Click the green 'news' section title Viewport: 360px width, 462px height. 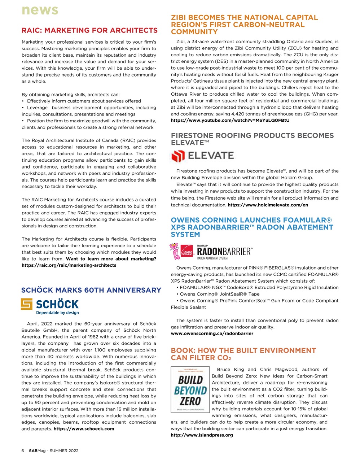(x=40, y=10)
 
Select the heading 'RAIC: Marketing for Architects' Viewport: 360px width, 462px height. (x=89, y=30)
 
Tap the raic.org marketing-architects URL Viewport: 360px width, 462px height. (x=69, y=265)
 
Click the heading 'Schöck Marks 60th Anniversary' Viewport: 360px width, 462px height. (x=91, y=290)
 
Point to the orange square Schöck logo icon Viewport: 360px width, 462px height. (x=27, y=304)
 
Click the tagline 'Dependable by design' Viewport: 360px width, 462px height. (x=57, y=313)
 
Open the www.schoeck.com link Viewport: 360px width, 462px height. (x=84, y=429)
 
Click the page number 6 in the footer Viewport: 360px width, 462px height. (x=23, y=451)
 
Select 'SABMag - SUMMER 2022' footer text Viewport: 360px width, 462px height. (x=53, y=451)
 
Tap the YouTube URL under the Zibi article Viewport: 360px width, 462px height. (x=230, y=120)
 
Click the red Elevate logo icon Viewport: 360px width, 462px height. (x=177, y=156)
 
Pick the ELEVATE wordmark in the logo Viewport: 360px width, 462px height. (x=211, y=156)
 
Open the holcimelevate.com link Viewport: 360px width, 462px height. (x=268, y=205)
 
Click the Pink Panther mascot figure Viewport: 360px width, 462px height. (x=175, y=252)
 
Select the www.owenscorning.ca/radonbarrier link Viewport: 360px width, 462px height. (x=212, y=334)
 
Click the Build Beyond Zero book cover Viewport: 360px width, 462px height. (x=190, y=390)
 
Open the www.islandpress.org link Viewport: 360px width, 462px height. (x=202, y=435)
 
